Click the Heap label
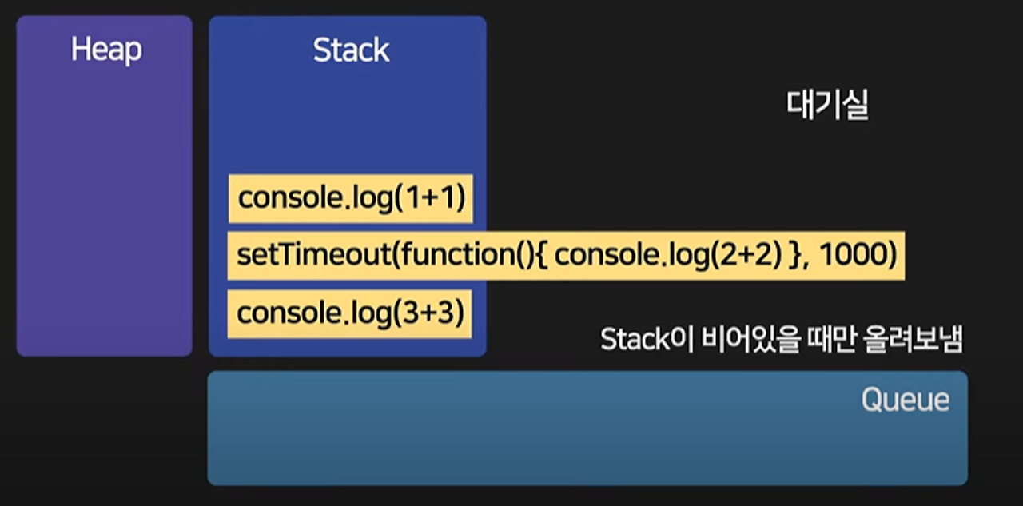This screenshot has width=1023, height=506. pos(105,50)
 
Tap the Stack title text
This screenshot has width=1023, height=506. pos(351,50)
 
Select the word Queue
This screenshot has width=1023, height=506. pos(905,400)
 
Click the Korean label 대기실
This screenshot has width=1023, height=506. pos(827,106)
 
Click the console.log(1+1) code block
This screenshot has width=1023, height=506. pos(351,198)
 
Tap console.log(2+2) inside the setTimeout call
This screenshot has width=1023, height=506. pos(667,256)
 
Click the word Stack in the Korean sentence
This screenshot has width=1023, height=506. pos(635,341)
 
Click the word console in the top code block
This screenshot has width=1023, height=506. pos(284,198)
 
